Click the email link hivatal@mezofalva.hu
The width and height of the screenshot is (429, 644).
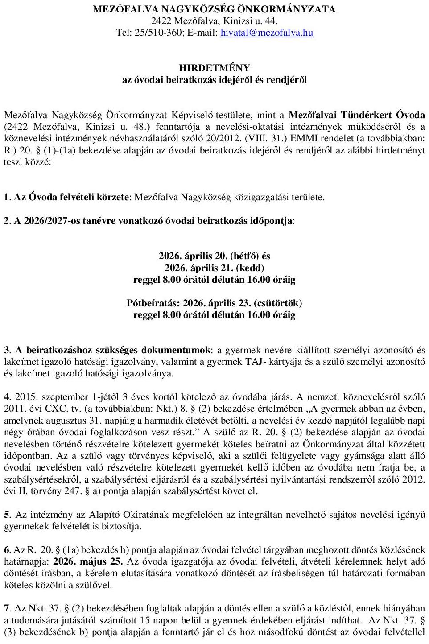267,33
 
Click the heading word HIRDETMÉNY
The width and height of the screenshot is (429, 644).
214,68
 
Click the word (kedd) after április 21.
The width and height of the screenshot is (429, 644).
250,268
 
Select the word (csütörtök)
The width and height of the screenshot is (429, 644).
278,303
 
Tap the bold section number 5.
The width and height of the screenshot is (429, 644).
7,515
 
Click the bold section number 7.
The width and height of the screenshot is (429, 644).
7,608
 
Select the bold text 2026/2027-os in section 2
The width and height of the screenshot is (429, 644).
49,221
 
